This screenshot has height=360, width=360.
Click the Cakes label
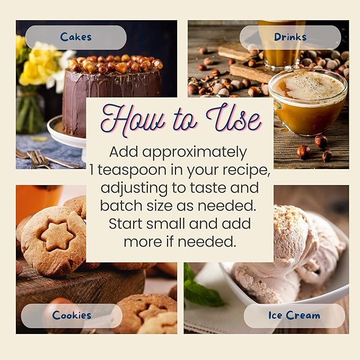[76, 38]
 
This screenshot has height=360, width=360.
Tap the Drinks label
[290, 38]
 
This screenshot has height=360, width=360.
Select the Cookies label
[72, 315]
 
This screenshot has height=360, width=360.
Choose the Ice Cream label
[294, 315]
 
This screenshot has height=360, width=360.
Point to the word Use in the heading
[234, 119]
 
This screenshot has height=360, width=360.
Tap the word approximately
[195, 153]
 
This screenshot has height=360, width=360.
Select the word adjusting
[134, 189]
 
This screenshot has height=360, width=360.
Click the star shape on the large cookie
[57, 236]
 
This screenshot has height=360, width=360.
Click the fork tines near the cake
[39, 159]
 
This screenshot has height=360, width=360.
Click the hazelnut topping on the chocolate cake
[116, 64]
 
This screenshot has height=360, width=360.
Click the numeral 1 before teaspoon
[92, 170]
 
